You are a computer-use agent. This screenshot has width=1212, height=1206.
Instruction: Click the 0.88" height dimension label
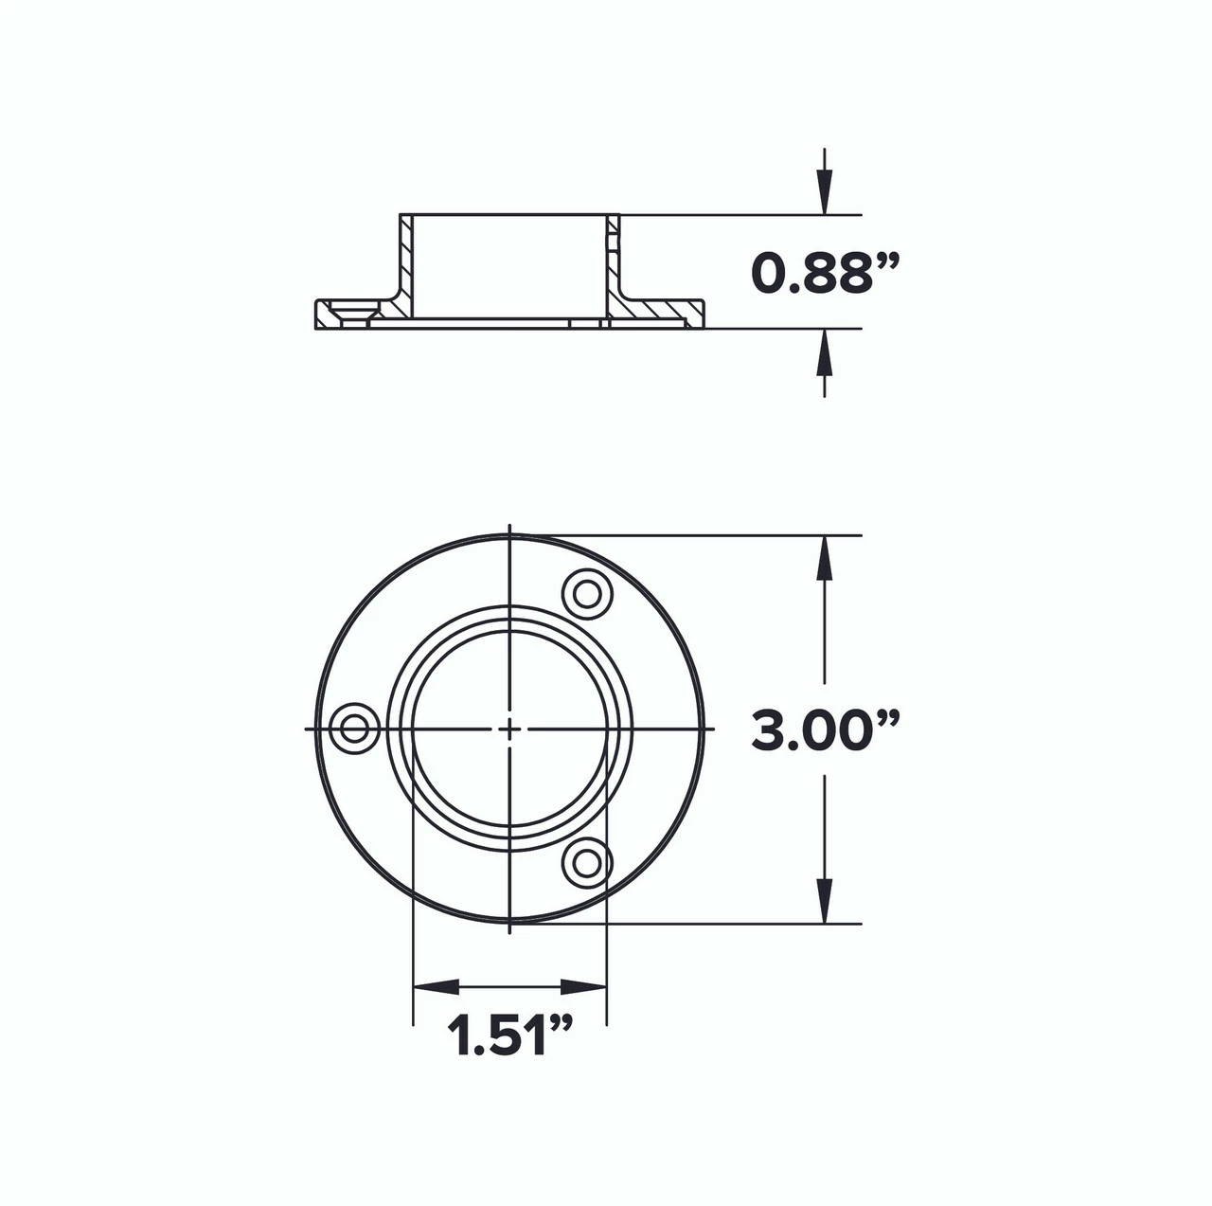click(x=824, y=273)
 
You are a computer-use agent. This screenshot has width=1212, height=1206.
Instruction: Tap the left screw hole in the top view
click(x=356, y=729)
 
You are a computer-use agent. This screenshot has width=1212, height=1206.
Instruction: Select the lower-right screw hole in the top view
click(x=587, y=862)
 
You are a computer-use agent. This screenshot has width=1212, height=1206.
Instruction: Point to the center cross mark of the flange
click(x=509, y=729)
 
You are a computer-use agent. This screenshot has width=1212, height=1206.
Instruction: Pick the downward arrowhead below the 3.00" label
click(x=825, y=901)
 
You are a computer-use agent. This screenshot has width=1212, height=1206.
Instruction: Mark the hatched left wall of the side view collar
click(x=406, y=265)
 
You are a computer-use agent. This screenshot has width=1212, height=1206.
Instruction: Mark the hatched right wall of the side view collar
click(x=613, y=265)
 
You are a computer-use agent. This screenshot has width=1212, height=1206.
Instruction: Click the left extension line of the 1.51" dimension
click(x=414, y=947)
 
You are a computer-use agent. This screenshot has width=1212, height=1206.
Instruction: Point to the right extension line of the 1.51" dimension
click(x=606, y=947)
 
